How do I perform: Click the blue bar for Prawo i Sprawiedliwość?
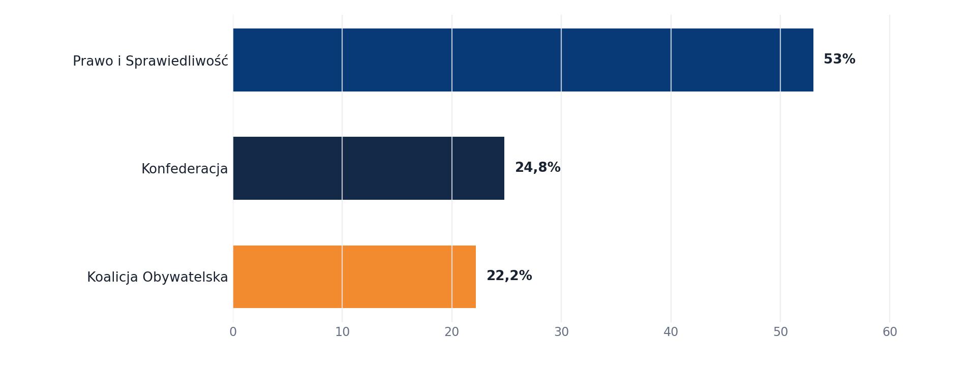point(523,60)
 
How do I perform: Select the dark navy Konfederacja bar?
point(369,168)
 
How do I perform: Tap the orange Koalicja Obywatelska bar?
point(354,277)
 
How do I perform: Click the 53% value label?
point(839,59)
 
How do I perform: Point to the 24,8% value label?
point(538,168)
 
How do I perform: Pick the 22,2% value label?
point(509,276)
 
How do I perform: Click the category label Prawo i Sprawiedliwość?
point(150,61)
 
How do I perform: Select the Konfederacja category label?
point(185,169)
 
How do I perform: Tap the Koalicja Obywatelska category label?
point(158,277)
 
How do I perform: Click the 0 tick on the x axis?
point(233,332)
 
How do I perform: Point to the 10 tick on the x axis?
point(342,332)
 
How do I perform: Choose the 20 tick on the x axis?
point(452,332)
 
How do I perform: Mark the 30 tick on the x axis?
point(561,332)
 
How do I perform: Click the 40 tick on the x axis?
point(671,332)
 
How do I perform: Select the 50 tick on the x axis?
point(780,332)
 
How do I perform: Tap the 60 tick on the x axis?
point(890,332)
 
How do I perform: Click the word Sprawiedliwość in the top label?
point(177,61)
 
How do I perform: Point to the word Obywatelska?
point(185,277)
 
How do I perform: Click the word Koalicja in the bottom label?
point(112,277)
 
